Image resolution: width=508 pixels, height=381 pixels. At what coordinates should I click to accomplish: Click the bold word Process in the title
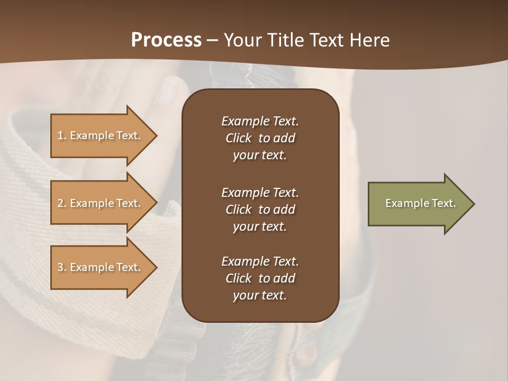click(x=166, y=40)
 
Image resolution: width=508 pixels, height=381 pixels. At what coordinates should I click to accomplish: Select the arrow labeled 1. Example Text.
click(x=101, y=135)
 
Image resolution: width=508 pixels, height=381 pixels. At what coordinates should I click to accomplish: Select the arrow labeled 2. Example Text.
click(x=101, y=203)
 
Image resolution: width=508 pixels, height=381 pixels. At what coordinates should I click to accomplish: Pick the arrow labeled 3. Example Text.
click(x=101, y=267)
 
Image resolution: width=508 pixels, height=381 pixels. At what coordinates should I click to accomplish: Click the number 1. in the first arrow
click(x=62, y=135)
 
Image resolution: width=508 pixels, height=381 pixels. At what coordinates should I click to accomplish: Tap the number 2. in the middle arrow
click(x=62, y=203)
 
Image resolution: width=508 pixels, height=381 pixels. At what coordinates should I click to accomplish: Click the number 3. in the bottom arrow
click(x=62, y=267)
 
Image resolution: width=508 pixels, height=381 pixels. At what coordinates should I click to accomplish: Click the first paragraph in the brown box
click(x=260, y=138)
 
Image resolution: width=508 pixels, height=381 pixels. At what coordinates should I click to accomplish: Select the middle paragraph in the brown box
click(x=260, y=210)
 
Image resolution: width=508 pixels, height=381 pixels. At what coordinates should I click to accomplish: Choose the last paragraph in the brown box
click(x=260, y=278)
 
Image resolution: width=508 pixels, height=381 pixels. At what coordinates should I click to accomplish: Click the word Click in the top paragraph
click(x=238, y=138)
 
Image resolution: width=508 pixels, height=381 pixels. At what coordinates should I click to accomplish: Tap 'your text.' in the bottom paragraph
click(x=260, y=296)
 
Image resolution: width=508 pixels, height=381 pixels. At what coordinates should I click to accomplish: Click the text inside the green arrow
click(x=420, y=203)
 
